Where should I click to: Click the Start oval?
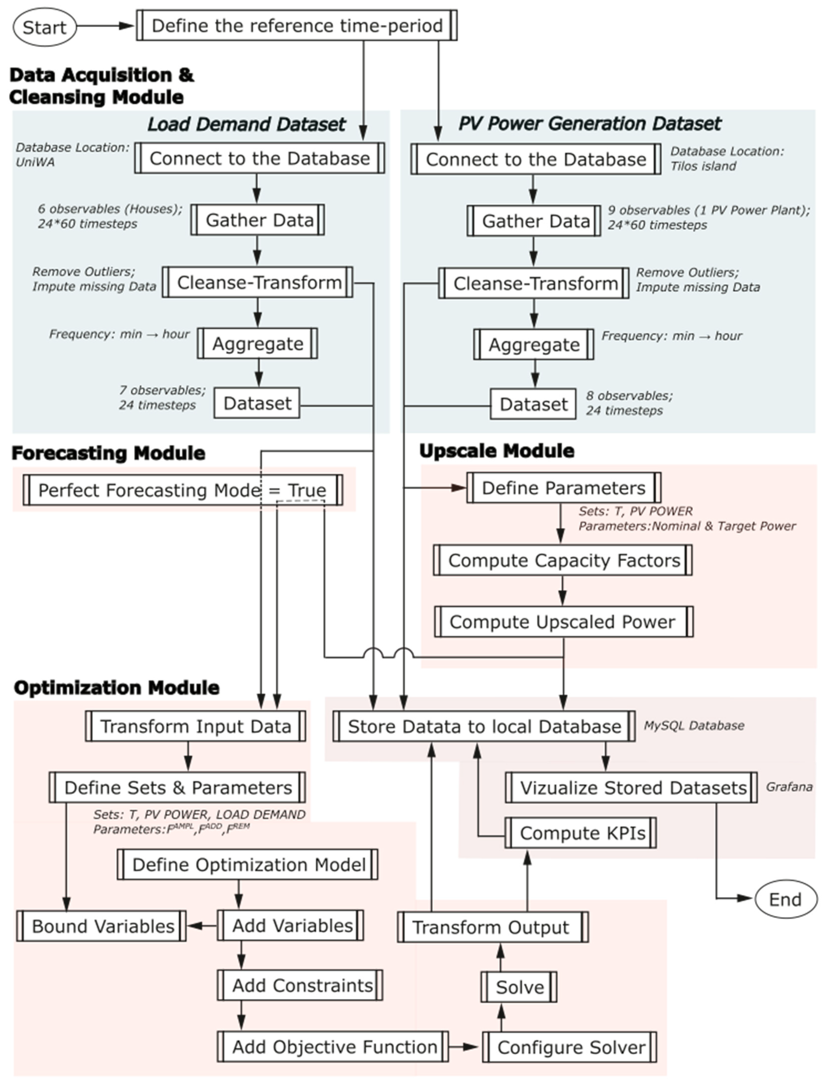pyautogui.click(x=44, y=27)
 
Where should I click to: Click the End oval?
pyautogui.click(x=785, y=900)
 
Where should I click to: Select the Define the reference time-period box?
pyautogui.click(x=297, y=26)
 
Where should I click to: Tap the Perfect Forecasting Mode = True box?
pyautogui.click(x=182, y=490)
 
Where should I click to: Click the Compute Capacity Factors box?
pyautogui.click(x=563, y=560)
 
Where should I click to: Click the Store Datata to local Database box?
pyautogui.click(x=484, y=726)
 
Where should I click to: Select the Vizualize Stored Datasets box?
pyautogui.click(x=631, y=787)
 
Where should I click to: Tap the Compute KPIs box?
pyautogui.click(x=581, y=833)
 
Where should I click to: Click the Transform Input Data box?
pyautogui.click(x=195, y=726)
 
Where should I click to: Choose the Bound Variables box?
pyautogui.click(x=102, y=926)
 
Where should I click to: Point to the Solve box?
pyautogui.click(x=519, y=987)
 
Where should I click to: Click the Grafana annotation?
pyautogui.click(x=789, y=786)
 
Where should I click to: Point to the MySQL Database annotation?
pyautogui.click(x=694, y=725)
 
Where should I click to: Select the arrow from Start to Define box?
pyautogui.click(x=105, y=26)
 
